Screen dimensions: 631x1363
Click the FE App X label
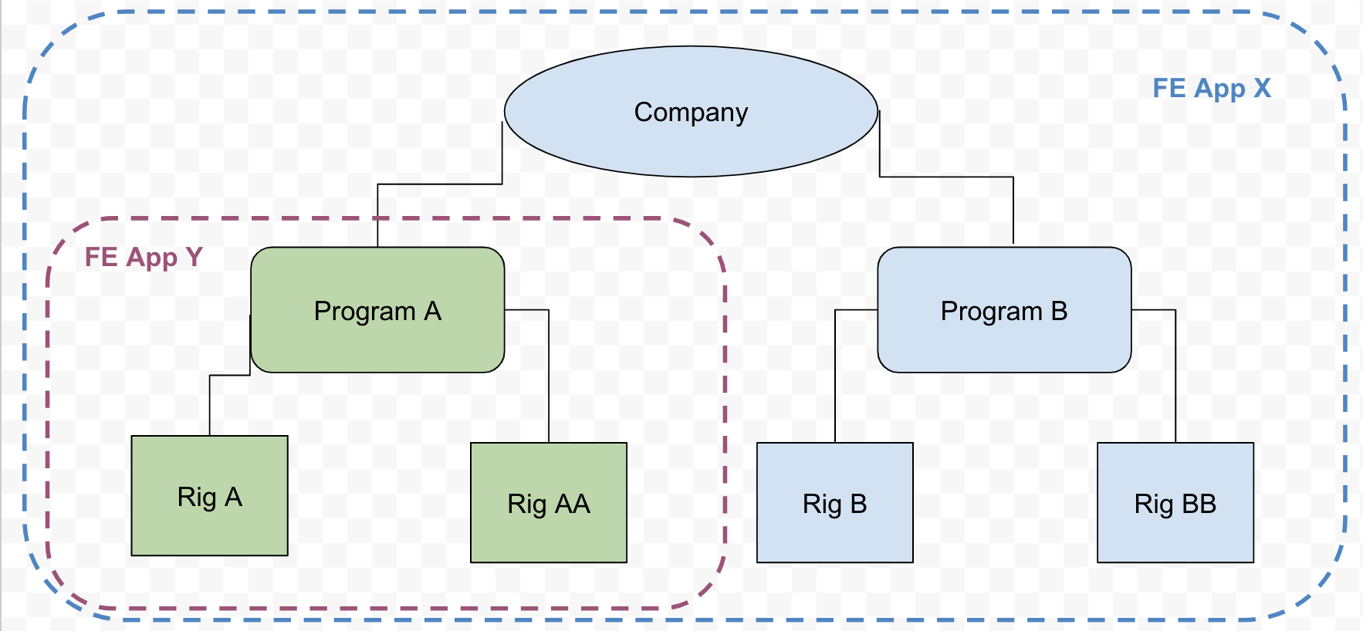1211,88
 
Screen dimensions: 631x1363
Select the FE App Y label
143,257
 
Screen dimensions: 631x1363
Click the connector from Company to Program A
440,184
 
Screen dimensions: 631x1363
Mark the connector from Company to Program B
946,177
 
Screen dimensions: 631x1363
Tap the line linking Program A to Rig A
210,405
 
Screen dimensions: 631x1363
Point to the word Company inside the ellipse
691,113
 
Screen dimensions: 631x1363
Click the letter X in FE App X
1262,88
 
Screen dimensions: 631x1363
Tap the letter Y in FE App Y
194,257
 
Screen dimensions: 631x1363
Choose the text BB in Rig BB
1199,504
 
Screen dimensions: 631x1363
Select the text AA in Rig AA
572,504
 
